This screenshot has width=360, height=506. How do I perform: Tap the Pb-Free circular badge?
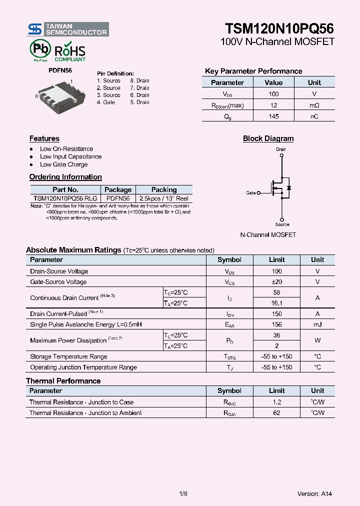pyautogui.click(x=39, y=49)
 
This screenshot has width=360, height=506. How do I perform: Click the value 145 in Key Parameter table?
pyautogui.click(x=273, y=116)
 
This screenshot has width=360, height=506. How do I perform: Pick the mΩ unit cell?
pyautogui.click(x=314, y=105)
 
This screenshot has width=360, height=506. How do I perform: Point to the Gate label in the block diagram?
pyautogui.click(x=251, y=192)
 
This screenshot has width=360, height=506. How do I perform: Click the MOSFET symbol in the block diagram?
pyautogui.click(x=280, y=188)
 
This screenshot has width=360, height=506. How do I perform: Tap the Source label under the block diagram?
pyautogui.click(x=282, y=224)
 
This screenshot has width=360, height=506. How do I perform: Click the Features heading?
pyautogui.click(x=44, y=138)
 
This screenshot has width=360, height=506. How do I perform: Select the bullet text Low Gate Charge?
pyautogui.click(x=63, y=164)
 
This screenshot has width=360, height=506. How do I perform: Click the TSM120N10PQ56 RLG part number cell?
pyautogui.click(x=65, y=198)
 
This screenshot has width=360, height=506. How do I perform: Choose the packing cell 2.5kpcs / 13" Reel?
pyautogui.click(x=163, y=198)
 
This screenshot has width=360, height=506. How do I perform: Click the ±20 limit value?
pyautogui.click(x=276, y=282)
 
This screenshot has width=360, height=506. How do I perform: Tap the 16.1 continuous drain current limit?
pyautogui.click(x=276, y=303)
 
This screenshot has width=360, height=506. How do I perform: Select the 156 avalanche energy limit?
pyautogui.click(x=276, y=324)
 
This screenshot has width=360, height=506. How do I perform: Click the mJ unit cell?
pyautogui.click(x=317, y=324)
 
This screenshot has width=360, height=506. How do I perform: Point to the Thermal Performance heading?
pyautogui.click(x=63, y=381)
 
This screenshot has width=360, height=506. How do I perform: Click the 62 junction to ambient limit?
pyautogui.click(x=276, y=413)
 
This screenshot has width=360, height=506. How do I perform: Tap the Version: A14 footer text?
pyautogui.click(x=314, y=494)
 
